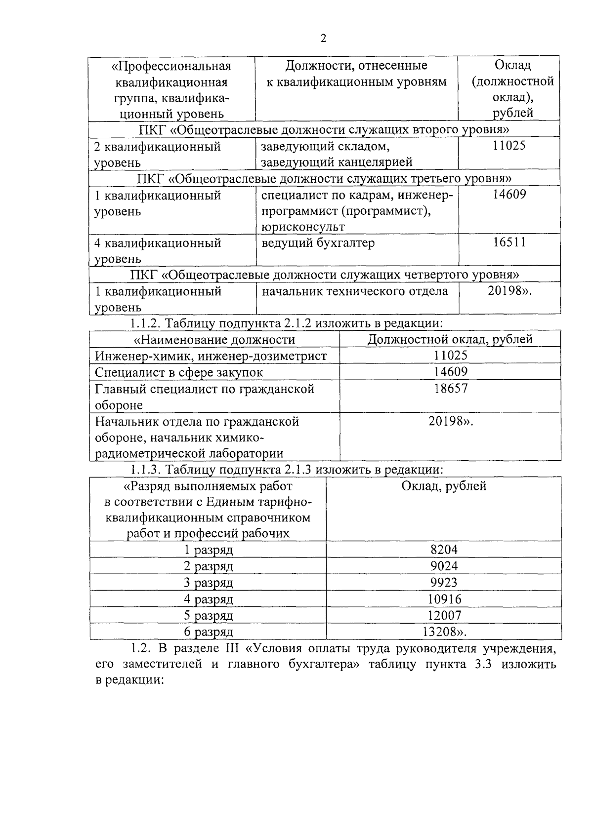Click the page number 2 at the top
[x=323, y=39]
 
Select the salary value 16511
[x=509, y=242]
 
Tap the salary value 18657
[x=450, y=389]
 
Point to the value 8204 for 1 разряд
[x=444, y=550]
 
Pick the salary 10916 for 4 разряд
[x=444, y=599]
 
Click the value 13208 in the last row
[x=444, y=632]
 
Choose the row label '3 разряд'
[x=208, y=583]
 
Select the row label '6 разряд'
[x=208, y=632]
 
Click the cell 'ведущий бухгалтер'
[x=318, y=243]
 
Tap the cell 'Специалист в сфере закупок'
[x=179, y=372]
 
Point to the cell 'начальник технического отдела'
[x=354, y=291]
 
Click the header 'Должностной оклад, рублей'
[x=450, y=340]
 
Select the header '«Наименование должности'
[x=214, y=340]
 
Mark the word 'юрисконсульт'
[x=303, y=227]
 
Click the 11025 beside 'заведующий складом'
[x=509, y=146]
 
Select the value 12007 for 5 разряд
[x=444, y=616]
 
